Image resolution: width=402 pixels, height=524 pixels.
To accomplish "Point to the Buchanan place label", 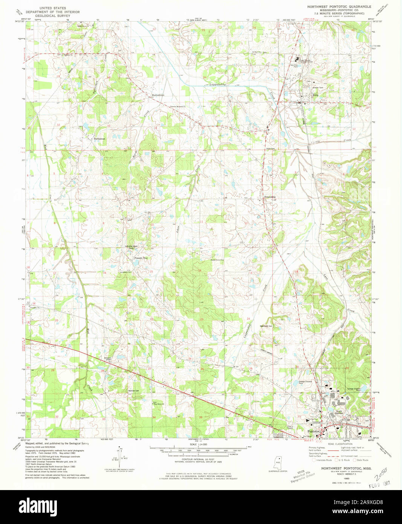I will (x=99, y=139).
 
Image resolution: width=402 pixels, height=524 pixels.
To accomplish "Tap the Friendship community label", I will (x=270, y=197).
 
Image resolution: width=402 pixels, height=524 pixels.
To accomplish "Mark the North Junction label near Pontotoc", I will (x=339, y=412).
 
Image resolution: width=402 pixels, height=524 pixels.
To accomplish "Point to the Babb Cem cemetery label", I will (x=271, y=149).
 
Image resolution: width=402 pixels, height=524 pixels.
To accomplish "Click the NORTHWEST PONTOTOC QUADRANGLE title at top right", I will (x=339, y=7).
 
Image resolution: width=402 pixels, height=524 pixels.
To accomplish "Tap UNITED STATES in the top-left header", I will (x=52, y=8).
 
